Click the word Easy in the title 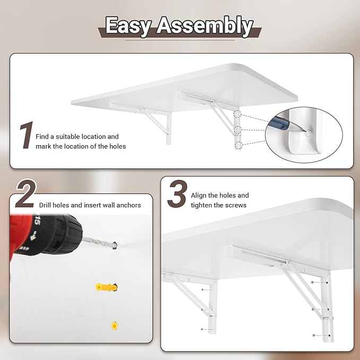pos(129,25)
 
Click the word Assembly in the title pos(204,25)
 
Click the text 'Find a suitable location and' pos(77,137)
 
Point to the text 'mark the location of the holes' pos(81,146)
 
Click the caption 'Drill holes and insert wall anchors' pos(90,205)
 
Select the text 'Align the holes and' pos(219,196)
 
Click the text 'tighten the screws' pos(218,205)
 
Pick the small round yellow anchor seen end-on pos(113,324)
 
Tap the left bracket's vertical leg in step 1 pos(168,130)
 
